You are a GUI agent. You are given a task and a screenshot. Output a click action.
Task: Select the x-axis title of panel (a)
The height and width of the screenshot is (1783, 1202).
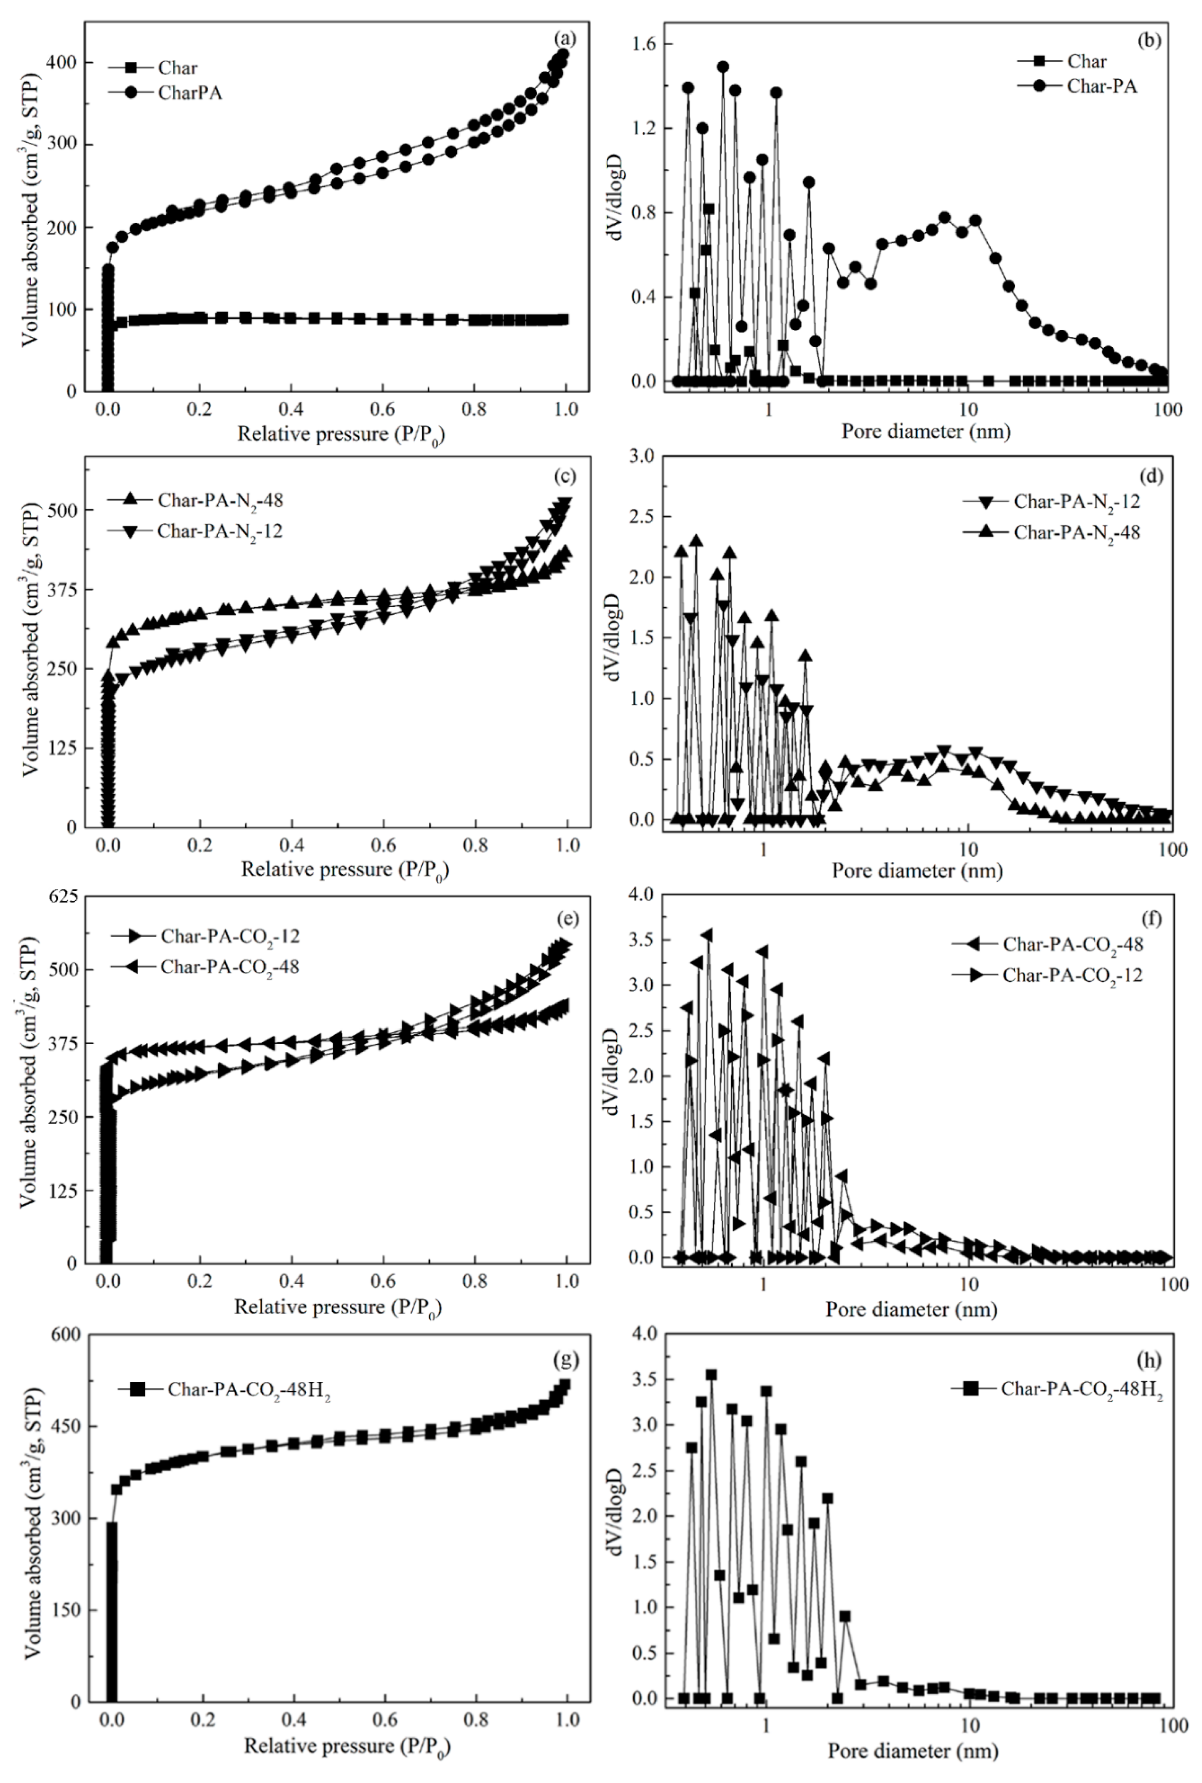click(x=341, y=435)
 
